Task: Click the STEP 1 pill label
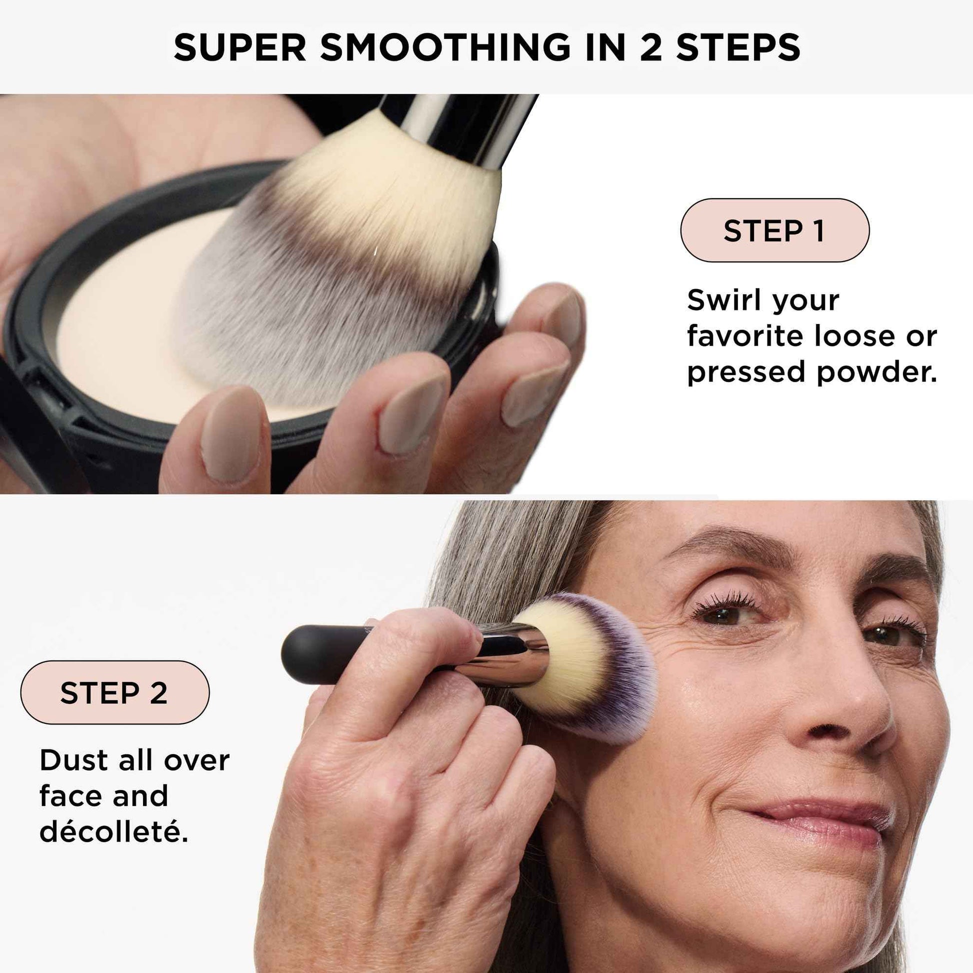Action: click(774, 230)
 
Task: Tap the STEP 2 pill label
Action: click(114, 692)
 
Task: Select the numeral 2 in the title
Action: click(650, 47)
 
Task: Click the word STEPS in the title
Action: click(738, 47)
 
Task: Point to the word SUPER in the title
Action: click(239, 47)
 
